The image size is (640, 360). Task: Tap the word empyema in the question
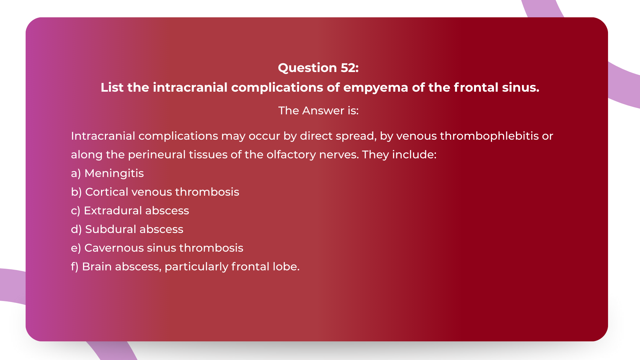pyautogui.click(x=375, y=87)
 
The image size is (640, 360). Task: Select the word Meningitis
pyautogui.click(x=114, y=173)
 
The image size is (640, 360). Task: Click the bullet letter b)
pyautogui.click(x=76, y=192)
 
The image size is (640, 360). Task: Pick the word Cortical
pyautogui.click(x=107, y=192)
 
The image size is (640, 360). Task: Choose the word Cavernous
pyautogui.click(x=114, y=248)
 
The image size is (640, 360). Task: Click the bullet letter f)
pyautogui.click(x=75, y=267)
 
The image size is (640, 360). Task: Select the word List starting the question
pyautogui.click(x=112, y=87)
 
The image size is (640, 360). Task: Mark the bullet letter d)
pyautogui.click(x=76, y=229)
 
